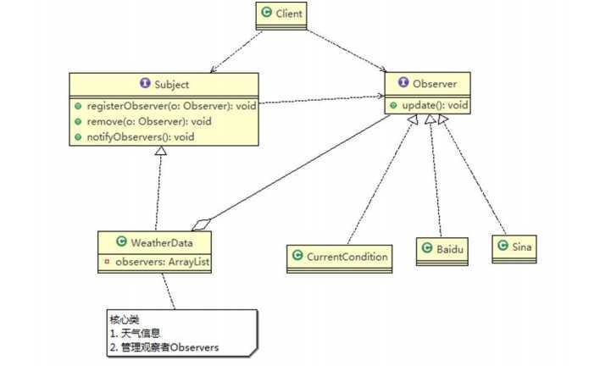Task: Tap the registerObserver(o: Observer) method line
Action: coord(167,106)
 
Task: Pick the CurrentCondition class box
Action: coord(339,256)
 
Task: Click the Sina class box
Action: coord(514,247)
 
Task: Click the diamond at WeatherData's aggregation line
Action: coord(200,225)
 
